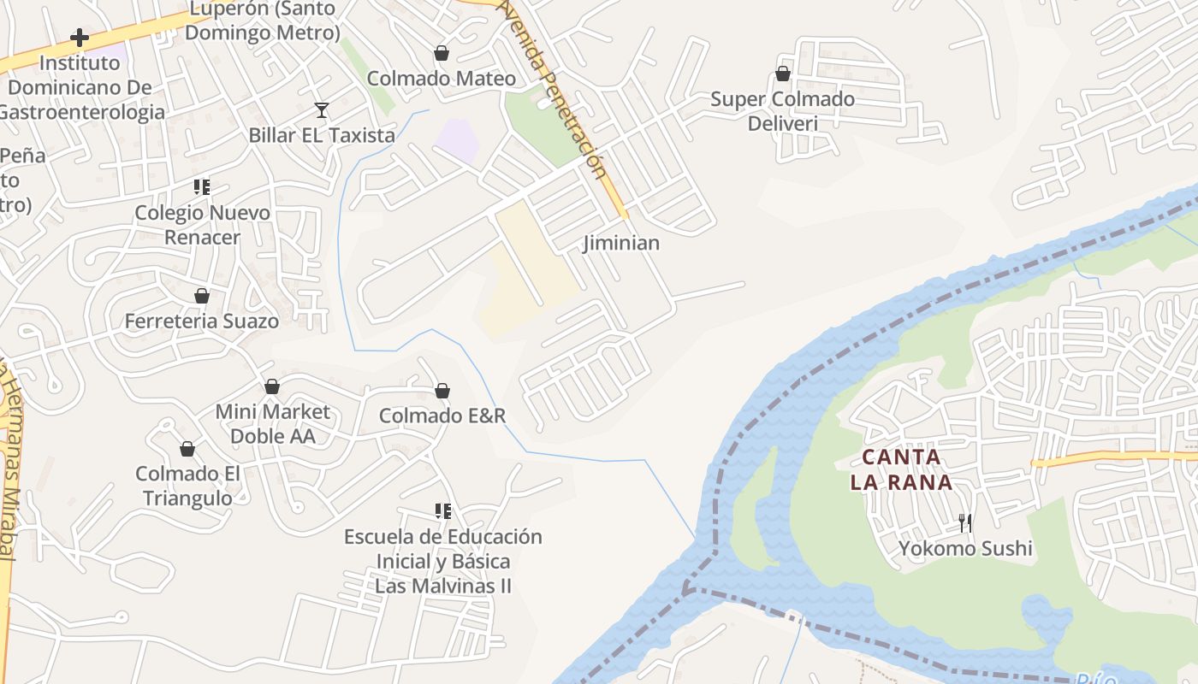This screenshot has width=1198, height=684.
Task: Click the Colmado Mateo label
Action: click(x=441, y=79)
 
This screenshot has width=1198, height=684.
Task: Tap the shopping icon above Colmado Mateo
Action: click(x=442, y=54)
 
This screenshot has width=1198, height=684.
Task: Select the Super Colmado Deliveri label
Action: click(x=782, y=111)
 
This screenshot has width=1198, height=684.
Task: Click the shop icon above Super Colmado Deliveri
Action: click(x=782, y=74)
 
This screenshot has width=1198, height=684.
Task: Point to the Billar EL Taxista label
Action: click(x=322, y=135)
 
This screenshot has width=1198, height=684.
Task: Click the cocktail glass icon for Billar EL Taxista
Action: click(x=322, y=110)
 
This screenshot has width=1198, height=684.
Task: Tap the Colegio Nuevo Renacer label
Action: click(x=202, y=225)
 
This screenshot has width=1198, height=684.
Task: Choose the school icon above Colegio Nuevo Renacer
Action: click(x=202, y=186)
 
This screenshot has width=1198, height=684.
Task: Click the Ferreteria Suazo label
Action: click(x=202, y=321)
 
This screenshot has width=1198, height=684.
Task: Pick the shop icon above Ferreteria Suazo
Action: click(x=202, y=297)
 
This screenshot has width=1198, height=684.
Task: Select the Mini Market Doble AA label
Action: click(x=272, y=424)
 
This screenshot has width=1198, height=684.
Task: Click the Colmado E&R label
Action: click(x=442, y=416)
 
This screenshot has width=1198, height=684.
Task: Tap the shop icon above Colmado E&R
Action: click(x=442, y=392)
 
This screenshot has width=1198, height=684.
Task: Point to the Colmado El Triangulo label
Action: click(x=187, y=486)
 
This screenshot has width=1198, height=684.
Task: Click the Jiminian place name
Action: click(x=621, y=243)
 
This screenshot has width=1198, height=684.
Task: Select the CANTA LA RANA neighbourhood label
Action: click(x=901, y=469)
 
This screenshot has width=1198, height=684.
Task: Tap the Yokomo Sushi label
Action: click(x=965, y=548)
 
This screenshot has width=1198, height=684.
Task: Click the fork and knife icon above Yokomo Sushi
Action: click(x=965, y=522)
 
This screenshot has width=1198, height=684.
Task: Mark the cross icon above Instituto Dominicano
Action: click(x=80, y=38)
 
